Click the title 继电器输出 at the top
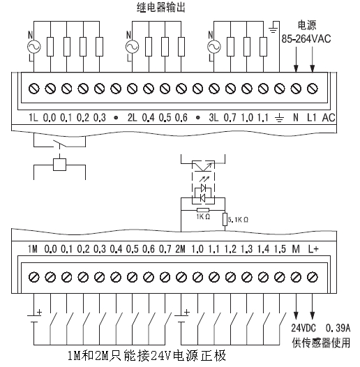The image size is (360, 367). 160,7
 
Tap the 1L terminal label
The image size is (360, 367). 33,117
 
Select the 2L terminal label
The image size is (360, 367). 132,117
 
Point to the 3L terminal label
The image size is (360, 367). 213,117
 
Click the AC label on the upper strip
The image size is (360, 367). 329,117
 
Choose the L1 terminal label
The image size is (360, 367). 312,117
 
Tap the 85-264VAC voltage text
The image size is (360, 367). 306,39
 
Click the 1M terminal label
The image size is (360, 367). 33,249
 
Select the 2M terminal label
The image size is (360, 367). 180,249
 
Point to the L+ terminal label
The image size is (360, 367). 313,249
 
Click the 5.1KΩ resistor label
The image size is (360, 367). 238,220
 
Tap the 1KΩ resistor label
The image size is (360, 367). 203,217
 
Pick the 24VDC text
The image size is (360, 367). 303,328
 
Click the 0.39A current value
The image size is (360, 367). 338,328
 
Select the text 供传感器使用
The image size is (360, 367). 321,343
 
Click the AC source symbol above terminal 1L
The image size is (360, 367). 34,47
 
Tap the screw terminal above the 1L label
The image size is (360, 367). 34,89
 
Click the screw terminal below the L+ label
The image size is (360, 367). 313,278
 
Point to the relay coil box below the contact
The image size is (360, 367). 60,165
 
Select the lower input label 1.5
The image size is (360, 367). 280,249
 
